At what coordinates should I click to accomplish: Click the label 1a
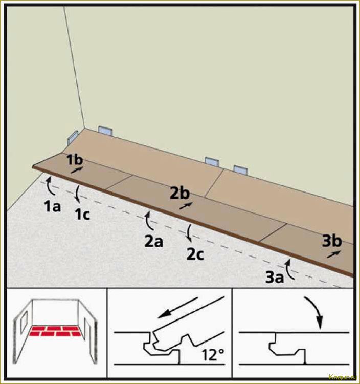click(52, 206)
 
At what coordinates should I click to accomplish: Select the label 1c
click(82, 215)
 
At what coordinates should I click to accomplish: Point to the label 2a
click(153, 241)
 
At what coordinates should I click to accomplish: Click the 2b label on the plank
click(180, 193)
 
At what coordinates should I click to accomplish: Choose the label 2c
click(195, 254)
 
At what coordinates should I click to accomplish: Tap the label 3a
click(275, 278)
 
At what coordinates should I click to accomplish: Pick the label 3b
click(332, 241)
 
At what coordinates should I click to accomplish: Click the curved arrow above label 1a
click(50, 185)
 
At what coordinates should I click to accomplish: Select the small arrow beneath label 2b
click(186, 206)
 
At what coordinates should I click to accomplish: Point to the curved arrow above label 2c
click(189, 232)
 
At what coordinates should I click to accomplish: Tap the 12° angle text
click(213, 355)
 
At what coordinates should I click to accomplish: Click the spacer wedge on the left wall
click(73, 137)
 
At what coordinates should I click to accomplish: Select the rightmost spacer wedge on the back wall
click(241, 169)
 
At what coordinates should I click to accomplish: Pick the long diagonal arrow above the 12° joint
click(177, 308)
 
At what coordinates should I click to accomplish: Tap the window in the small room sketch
click(24, 323)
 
